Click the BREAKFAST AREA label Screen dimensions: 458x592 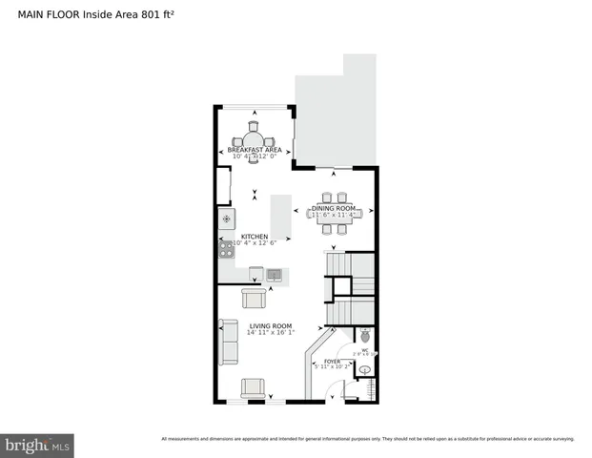254,150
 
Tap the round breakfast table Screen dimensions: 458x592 254,139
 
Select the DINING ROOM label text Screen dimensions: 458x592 334,208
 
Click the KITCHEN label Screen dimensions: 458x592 254,237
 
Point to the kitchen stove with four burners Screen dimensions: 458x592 227,250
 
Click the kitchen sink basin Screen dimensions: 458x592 275,275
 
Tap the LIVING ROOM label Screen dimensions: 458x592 271,326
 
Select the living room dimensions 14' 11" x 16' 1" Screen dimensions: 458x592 271,334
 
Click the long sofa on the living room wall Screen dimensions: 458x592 229,342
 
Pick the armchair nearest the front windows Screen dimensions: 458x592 254,387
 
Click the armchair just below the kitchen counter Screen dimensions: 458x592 254,298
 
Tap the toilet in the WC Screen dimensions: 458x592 363,337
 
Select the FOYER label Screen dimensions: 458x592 332,362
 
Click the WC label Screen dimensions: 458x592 364,349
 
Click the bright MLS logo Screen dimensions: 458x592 38,445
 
